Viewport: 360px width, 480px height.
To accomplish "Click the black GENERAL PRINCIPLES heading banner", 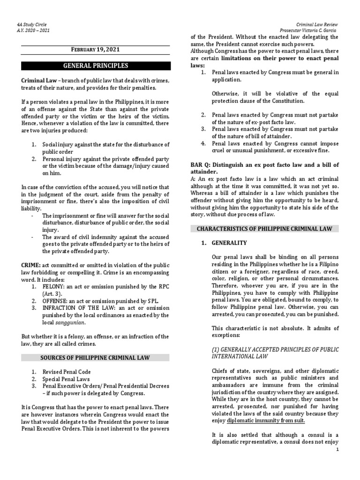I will [x=95, y=65].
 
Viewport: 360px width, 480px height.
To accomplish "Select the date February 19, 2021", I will [x=95, y=49].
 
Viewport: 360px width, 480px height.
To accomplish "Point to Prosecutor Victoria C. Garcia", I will [x=309, y=30].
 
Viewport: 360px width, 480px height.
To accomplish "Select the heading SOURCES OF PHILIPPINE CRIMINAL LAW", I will [x=95, y=358].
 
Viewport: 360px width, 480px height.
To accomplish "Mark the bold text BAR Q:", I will [x=200, y=165].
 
